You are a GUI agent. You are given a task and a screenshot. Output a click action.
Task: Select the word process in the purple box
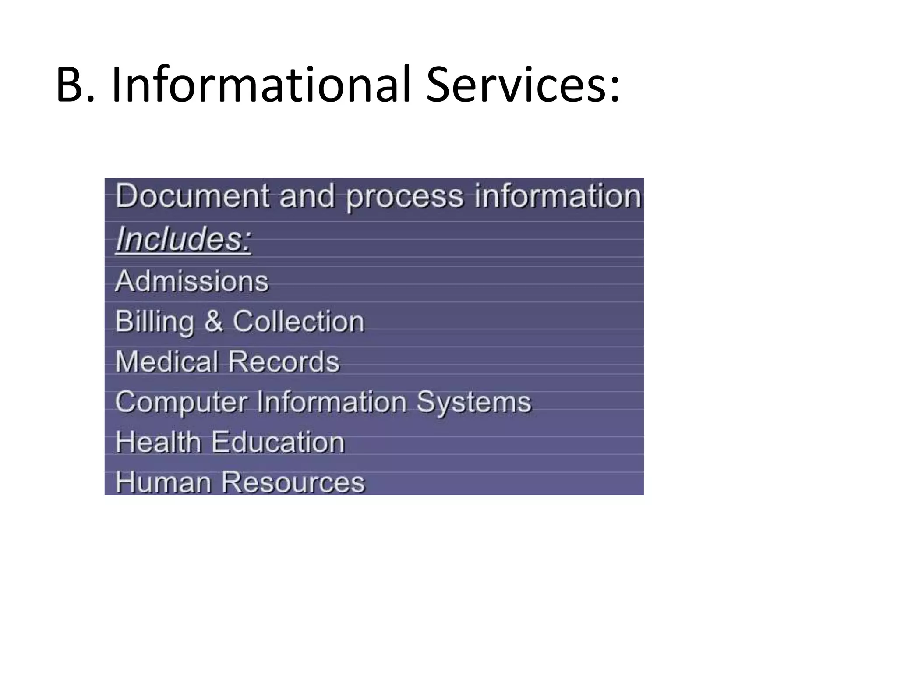pyautogui.click(x=404, y=197)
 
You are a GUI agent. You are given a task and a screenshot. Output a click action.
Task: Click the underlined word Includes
pyautogui.click(x=184, y=240)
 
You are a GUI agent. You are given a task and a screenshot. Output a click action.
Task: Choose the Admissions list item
pyautogui.click(x=192, y=281)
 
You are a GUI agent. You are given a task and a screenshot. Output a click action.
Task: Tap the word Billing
pyautogui.click(x=154, y=322)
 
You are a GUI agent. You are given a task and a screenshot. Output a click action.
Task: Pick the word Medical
pyautogui.click(x=167, y=361)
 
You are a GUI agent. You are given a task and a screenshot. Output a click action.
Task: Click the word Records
pyautogui.click(x=284, y=361)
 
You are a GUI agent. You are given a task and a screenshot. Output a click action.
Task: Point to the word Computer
pyautogui.click(x=181, y=403)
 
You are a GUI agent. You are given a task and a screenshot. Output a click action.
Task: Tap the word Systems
pyautogui.click(x=473, y=402)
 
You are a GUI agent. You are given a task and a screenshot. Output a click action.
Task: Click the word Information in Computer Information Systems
pyautogui.click(x=332, y=402)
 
